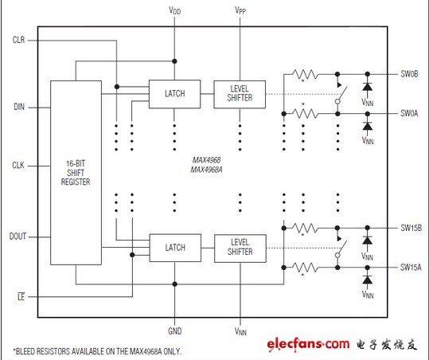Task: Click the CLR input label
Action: click(x=18, y=40)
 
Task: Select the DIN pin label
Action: click(x=19, y=107)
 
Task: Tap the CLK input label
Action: click(x=18, y=166)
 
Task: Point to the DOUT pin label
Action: click(x=18, y=237)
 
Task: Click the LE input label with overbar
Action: click(x=21, y=296)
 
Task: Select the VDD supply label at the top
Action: click(x=175, y=10)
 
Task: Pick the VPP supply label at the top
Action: click(x=240, y=10)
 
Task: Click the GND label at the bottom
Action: click(x=175, y=331)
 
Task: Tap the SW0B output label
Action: click(x=409, y=74)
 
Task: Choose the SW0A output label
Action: click(x=409, y=113)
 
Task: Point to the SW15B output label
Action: click(x=411, y=228)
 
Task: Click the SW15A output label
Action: click(x=411, y=267)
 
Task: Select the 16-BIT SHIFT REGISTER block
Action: click(x=76, y=173)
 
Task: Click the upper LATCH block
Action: click(x=174, y=94)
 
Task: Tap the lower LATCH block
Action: click(x=175, y=248)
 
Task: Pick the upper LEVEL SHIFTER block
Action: click(x=240, y=94)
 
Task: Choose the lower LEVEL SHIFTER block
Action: click(x=240, y=248)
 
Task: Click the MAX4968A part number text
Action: click(x=207, y=170)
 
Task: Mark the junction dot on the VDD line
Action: click(x=174, y=61)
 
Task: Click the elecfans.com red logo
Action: click(x=308, y=344)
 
